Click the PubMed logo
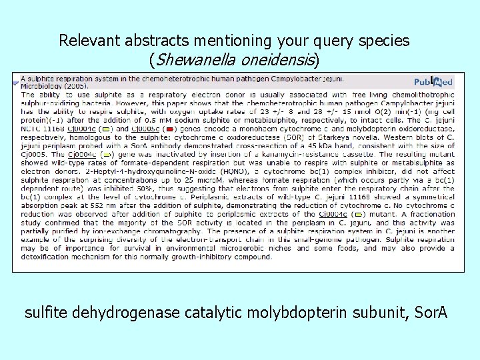point(433,82)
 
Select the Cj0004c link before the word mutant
point(332,215)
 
